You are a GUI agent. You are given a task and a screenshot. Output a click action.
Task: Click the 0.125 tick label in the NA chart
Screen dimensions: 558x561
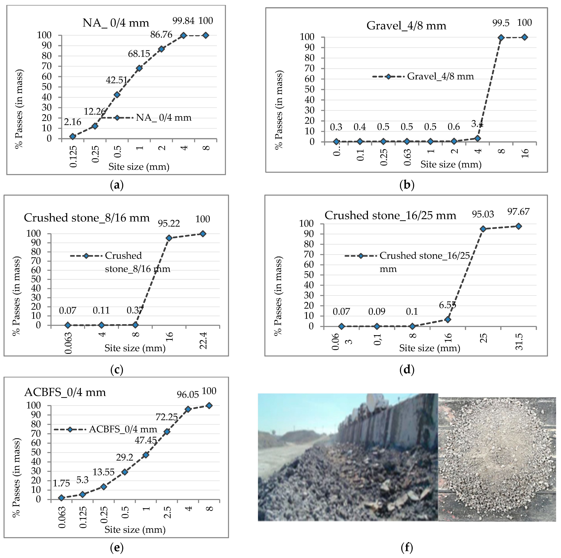(73, 156)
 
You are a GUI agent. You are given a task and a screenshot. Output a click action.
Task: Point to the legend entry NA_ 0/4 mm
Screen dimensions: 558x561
(163, 118)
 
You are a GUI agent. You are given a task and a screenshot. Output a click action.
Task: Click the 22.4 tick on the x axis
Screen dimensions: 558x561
(203, 340)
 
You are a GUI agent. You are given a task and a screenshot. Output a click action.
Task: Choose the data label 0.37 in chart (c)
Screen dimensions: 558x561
(135, 310)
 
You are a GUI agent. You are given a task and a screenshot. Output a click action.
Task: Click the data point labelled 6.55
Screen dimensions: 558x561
(448, 320)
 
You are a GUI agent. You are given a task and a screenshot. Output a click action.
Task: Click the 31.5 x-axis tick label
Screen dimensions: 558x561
(519, 342)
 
